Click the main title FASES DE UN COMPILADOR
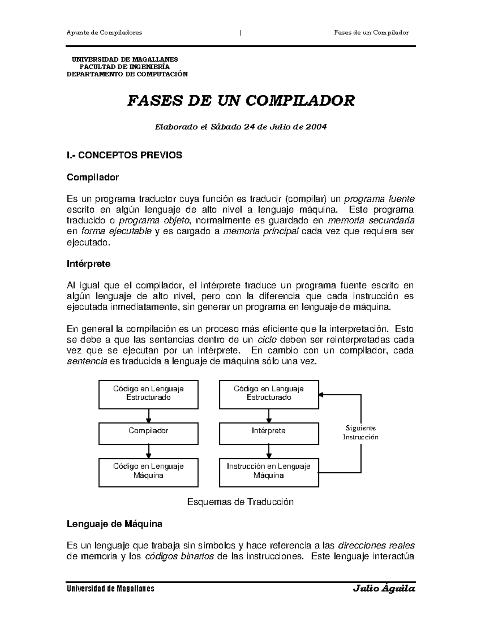coord(240,101)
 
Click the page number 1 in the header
coord(240,33)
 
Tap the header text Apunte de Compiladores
coord(104,32)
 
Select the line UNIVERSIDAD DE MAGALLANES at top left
coord(122,59)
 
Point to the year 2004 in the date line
coord(316,127)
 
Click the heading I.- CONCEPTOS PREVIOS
coord(124,155)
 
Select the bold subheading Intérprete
coord(89,264)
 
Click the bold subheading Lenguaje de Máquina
coord(114,524)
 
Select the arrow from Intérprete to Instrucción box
coord(269,452)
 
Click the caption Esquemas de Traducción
coord(240,502)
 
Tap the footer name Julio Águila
coord(384,589)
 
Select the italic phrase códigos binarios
coord(179,556)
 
